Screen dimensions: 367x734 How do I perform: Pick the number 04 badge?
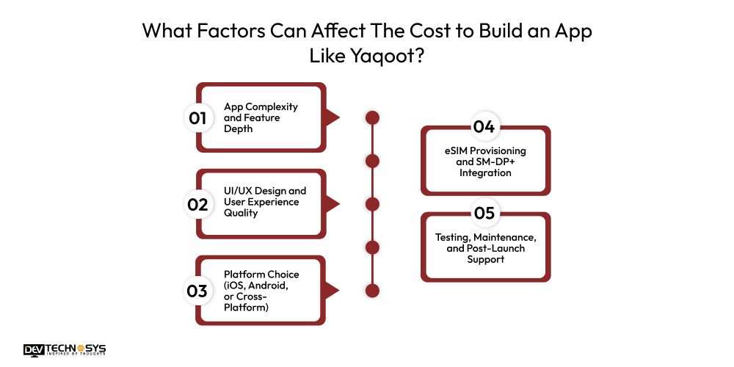coord(484,127)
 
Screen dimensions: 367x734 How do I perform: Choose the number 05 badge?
coord(484,214)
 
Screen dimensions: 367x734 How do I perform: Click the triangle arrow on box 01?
coord(332,117)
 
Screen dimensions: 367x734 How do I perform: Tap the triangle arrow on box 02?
coord(332,204)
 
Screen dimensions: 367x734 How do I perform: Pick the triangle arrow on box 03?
coord(332,291)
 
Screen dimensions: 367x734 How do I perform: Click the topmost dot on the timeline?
coord(372,117)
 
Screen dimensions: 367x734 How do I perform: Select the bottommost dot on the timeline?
coord(372,291)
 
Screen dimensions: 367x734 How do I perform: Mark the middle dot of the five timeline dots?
coord(372,204)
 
